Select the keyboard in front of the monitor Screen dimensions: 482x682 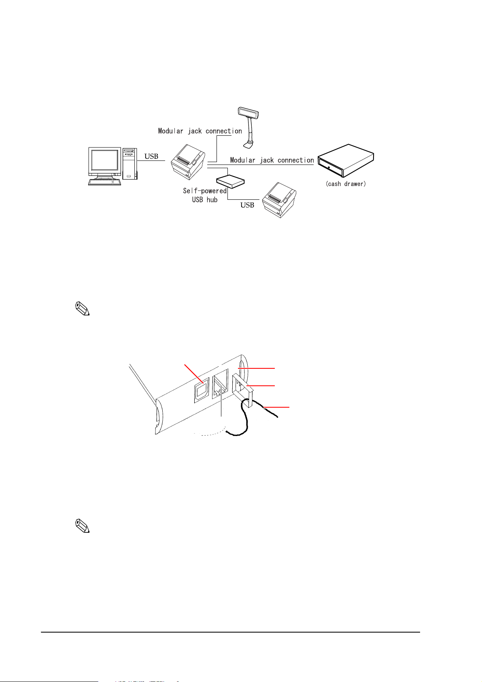[104, 182]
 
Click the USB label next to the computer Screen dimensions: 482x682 [151, 156]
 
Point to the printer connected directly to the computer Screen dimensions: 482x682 [187, 162]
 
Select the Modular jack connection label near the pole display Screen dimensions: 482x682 [200, 131]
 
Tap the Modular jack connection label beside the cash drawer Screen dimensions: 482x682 [272, 160]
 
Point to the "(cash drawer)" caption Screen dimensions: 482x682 [346, 184]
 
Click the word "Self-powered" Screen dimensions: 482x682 [205, 191]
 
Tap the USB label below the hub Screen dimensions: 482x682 [247, 205]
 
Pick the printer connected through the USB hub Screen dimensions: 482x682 [279, 200]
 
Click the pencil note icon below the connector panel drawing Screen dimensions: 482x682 [82, 526]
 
